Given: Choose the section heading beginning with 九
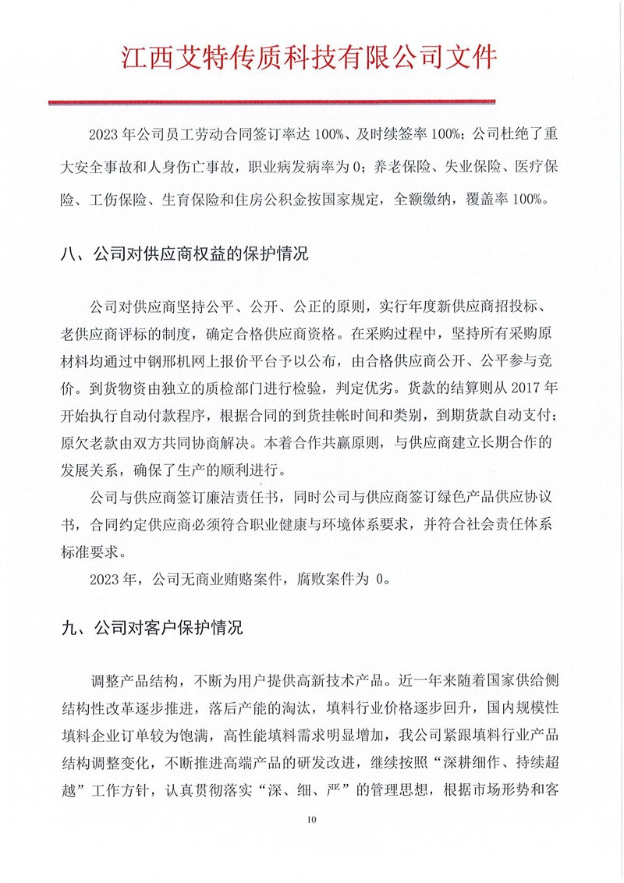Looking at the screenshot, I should pos(153,627).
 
